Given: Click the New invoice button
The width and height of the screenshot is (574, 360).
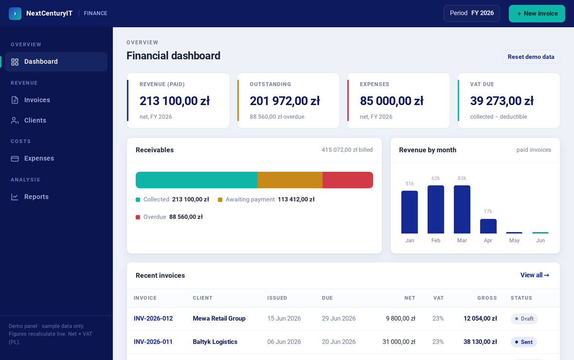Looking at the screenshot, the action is (x=537, y=14).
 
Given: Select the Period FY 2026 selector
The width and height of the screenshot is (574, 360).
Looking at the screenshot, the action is (x=471, y=13).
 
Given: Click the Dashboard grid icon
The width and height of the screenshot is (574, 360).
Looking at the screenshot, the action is (x=15, y=62).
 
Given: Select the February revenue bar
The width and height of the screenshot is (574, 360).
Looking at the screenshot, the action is (x=436, y=210).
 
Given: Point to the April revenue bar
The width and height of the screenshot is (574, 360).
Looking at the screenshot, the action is (x=488, y=226).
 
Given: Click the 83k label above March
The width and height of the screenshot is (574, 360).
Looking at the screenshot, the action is (x=462, y=179).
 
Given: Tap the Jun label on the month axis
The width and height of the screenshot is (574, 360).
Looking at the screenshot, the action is (x=540, y=240).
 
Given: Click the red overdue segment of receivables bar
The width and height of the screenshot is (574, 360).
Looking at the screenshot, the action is (x=348, y=180).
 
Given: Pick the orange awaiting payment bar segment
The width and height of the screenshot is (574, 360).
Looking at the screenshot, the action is (x=290, y=180).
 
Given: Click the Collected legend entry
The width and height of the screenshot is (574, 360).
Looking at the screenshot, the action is (x=172, y=199).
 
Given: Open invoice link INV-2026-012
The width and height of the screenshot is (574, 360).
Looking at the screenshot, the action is (x=153, y=319).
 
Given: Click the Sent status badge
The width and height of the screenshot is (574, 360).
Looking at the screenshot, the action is (x=524, y=342).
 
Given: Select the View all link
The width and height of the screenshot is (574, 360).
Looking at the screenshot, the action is (x=535, y=275).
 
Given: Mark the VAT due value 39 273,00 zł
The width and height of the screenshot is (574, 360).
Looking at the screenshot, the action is (x=502, y=101).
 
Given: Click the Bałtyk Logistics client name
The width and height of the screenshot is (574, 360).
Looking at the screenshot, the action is (x=215, y=342).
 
